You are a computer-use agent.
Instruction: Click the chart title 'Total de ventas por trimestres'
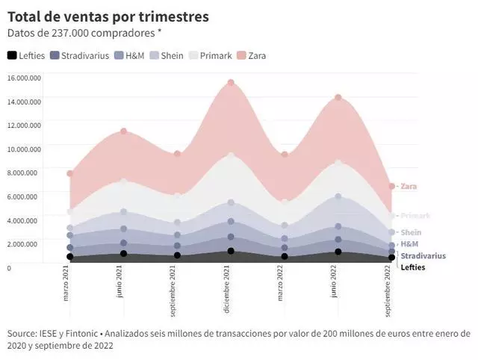108,16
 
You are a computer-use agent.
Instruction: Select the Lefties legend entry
26,55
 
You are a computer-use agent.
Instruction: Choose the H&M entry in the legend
130,55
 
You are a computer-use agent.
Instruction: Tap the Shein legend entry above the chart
167,55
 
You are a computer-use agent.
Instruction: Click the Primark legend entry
208,55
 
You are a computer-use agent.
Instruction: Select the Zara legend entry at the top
251,55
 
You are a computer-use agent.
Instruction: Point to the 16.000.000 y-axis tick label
23,78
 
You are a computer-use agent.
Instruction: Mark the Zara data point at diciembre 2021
231,83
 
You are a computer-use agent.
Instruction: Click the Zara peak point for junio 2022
338,98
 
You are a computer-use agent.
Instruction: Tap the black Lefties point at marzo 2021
70,257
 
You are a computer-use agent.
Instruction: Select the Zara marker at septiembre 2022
391,187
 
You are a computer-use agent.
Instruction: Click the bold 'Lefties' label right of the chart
412,267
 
